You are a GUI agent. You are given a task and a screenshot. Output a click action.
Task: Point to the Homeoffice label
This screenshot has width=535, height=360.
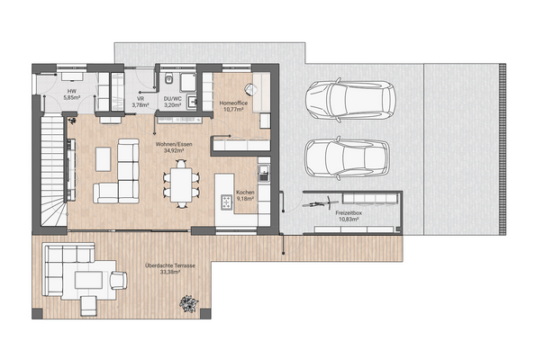[x=235, y=104]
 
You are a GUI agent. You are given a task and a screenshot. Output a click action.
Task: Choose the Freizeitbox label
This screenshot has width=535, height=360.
[x=351, y=213]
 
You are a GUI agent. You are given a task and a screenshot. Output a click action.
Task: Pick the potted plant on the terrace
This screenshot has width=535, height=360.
[x=188, y=303]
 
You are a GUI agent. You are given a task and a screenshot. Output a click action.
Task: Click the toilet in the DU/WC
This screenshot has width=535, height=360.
[x=168, y=80]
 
